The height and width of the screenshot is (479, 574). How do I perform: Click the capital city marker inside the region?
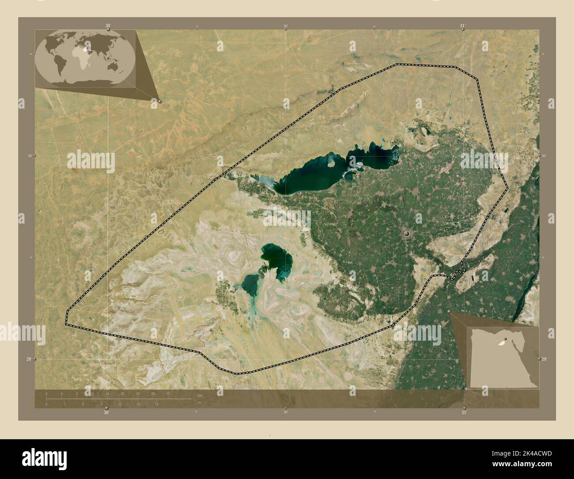point(407,233)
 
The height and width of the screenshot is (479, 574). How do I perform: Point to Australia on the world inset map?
point(113,67)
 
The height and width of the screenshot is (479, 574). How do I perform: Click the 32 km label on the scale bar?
point(168,393)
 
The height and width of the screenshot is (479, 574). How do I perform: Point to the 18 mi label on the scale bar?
point(156,404)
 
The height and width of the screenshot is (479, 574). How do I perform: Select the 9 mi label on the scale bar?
point(101,404)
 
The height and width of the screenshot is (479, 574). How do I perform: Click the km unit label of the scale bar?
point(200,395)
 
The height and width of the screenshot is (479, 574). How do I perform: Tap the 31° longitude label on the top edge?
point(462,26)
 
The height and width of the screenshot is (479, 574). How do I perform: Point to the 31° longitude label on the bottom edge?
point(464,412)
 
